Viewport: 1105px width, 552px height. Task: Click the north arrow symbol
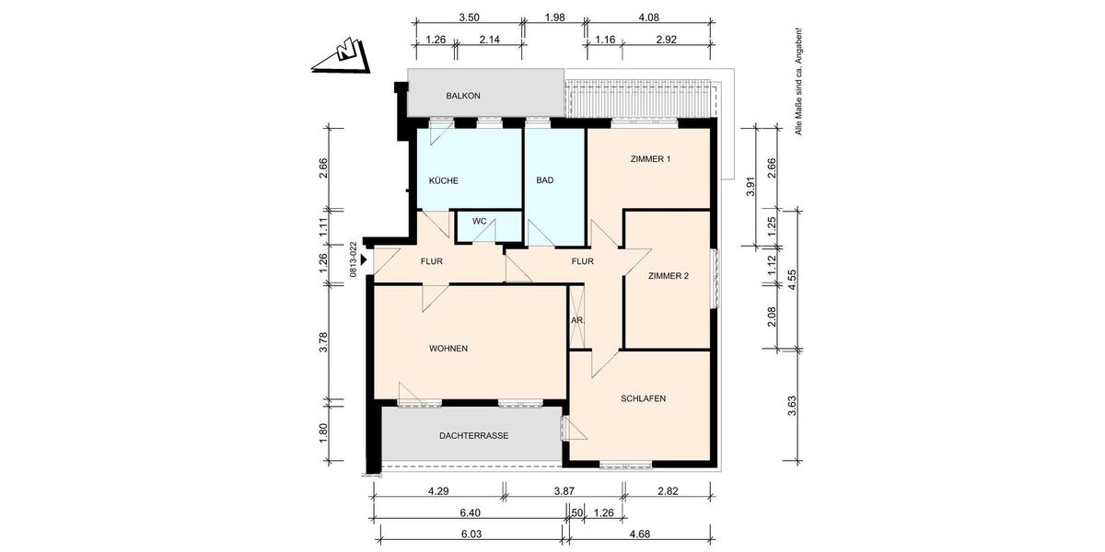click(342, 56)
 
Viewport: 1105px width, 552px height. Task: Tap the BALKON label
click(463, 96)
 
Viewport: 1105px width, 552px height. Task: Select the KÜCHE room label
click(443, 180)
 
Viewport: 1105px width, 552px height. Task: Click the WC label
click(479, 222)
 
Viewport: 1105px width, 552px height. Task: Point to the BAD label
click(545, 180)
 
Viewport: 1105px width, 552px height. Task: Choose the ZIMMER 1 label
click(650, 159)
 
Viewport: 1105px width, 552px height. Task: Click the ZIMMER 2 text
click(669, 275)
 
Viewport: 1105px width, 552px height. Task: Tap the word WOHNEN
click(448, 349)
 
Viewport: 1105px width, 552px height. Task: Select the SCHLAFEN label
click(643, 398)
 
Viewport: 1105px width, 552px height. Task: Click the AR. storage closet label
click(577, 320)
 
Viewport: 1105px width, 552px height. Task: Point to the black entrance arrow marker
click(364, 260)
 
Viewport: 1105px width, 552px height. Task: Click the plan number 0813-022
click(353, 259)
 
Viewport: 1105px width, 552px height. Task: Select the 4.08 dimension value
click(648, 17)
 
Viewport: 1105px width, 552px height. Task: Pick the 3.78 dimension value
click(323, 342)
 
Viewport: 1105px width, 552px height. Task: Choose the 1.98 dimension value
click(554, 17)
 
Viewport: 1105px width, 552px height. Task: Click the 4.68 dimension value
click(639, 534)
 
